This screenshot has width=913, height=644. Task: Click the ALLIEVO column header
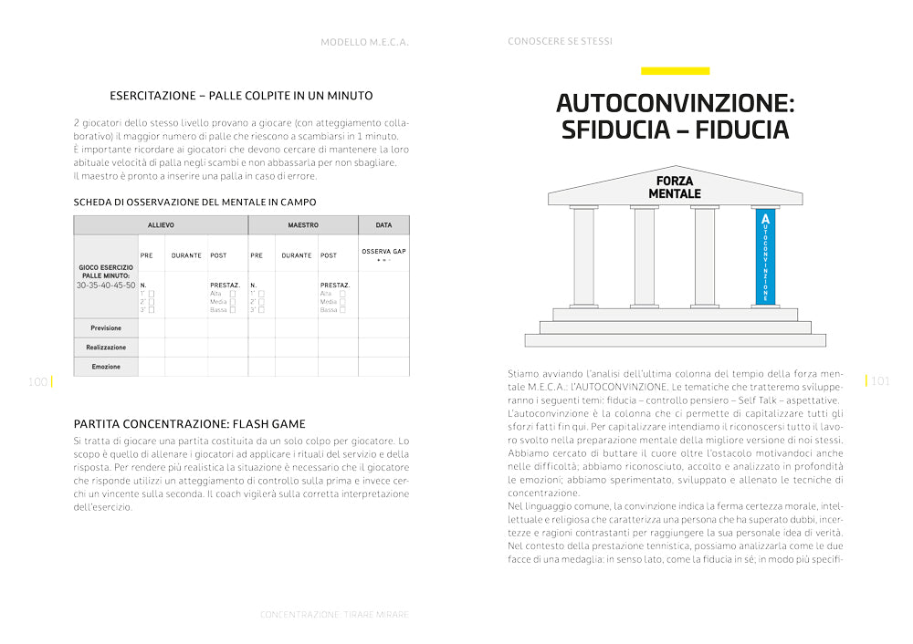point(161,224)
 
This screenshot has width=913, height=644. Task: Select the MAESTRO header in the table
point(302,224)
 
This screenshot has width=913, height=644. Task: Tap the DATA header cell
point(383,224)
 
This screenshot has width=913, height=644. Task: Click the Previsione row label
point(106,328)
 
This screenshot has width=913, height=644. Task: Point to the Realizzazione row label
point(106,348)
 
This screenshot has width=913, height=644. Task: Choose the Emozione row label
point(106,367)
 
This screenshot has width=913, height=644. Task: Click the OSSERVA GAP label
point(383,251)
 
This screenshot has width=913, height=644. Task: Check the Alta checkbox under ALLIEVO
point(233,293)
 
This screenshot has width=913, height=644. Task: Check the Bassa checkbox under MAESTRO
point(343,310)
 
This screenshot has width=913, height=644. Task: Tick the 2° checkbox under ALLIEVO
point(152,301)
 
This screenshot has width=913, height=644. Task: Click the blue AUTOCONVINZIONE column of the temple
point(765,257)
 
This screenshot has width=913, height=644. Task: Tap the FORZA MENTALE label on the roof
point(675,188)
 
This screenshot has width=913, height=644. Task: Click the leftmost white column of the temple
point(583,257)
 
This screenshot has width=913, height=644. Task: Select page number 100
point(37,382)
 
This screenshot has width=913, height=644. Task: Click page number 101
point(880,381)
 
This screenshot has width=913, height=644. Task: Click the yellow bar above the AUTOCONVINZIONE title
point(675,70)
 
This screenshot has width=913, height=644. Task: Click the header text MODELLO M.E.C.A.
point(364,42)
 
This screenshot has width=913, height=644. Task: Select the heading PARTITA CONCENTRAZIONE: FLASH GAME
point(190,424)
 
